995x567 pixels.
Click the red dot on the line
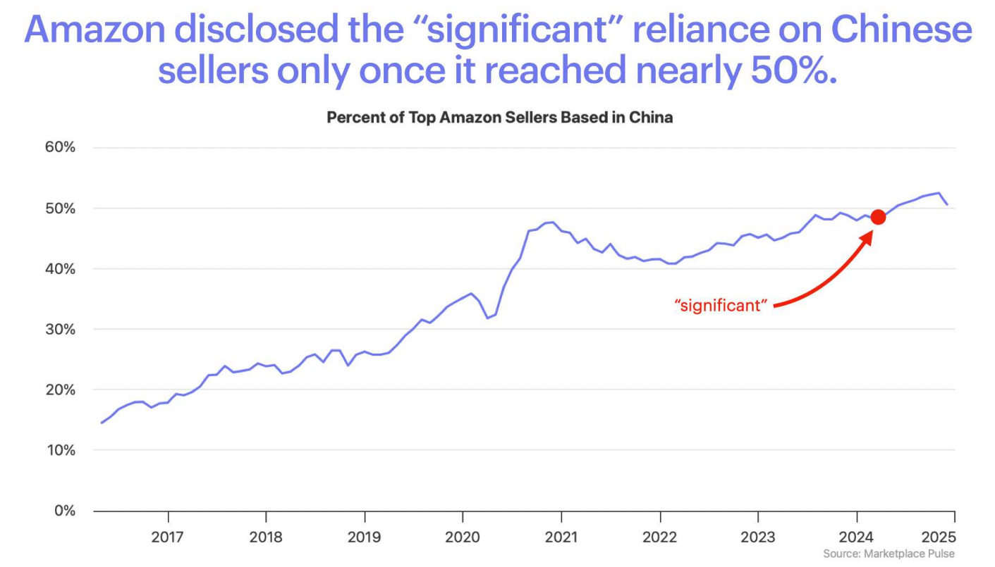(878, 217)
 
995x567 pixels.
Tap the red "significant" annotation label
(720, 306)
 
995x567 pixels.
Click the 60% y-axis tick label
(60, 148)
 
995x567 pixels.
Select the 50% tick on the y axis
(60, 208)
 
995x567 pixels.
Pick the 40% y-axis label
(60, 269)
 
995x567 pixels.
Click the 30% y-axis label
(60, 330)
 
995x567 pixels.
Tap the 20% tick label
(60, 390)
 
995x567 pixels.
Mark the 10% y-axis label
(60, 450)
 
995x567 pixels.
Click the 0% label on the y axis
(64, 511)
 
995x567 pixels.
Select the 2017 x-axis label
(168, 537)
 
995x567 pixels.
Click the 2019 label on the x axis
(365, 537)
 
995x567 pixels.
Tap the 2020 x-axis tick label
(463, 537)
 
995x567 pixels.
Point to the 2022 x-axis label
(659, 537)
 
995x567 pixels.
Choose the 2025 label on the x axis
(938, 537)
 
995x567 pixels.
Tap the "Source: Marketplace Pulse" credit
(889, 554)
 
